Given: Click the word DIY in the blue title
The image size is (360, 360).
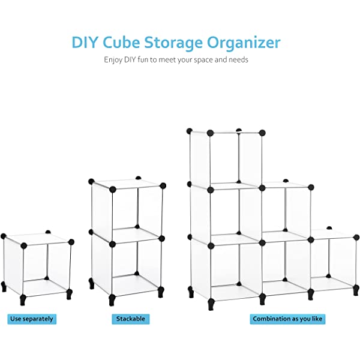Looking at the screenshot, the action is (x=85, y=42).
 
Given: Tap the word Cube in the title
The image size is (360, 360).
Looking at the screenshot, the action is (x=121, y=42).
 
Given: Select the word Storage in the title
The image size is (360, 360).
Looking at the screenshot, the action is (x=173, y=44).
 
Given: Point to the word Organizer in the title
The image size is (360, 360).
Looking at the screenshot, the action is (x=244, y=44).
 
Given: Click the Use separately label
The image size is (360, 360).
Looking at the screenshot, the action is (x=32, y=319).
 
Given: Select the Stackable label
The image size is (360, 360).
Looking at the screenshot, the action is (x=131, y=319).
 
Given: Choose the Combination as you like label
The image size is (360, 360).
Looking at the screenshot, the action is (x=287, y=319).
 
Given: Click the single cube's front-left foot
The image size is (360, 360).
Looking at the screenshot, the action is (x=23, y=300).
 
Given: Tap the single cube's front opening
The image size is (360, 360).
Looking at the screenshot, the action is (x=47, y=270).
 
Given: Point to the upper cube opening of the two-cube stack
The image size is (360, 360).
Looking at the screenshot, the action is (x=137, y=212).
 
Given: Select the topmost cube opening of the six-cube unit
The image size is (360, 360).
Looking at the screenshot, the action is (x=236, y=161).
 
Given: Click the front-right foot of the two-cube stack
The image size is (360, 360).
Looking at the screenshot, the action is (x=161, y=292).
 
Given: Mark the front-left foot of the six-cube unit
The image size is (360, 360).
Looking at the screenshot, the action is (x=211, y=304).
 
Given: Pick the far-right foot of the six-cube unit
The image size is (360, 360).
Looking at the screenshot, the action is (x=356, y=290).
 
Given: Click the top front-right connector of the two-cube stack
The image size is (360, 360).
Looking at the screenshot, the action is (x=163, y=186).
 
